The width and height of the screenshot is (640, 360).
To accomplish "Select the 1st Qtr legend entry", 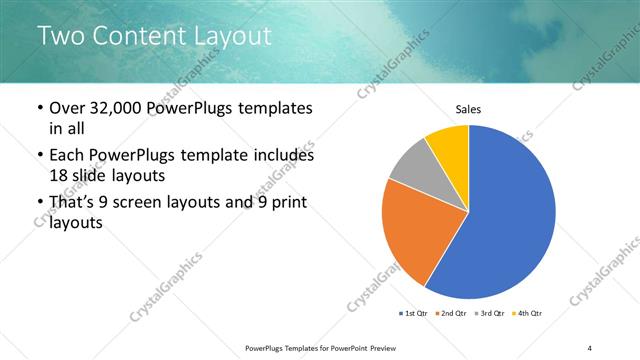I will click(x=414, y=314).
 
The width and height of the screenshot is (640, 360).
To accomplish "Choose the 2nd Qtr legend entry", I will click(x=452, y=314).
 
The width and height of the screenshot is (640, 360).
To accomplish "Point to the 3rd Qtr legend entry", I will click(x=489, y=314).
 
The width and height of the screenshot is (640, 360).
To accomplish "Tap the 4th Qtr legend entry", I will click(x=526, y=314).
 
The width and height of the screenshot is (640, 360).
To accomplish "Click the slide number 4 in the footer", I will click(x=590, y=347).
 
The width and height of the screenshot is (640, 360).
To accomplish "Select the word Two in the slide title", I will click(x=61, y=37).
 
